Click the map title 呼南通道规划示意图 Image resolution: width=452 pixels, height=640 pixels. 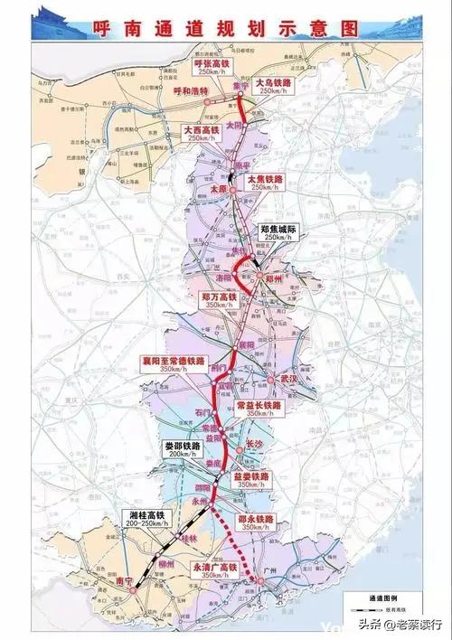pyautogui.click(x=225, y=28)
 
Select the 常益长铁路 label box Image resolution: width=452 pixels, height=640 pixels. pyautogui.click(x=259, y=409)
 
